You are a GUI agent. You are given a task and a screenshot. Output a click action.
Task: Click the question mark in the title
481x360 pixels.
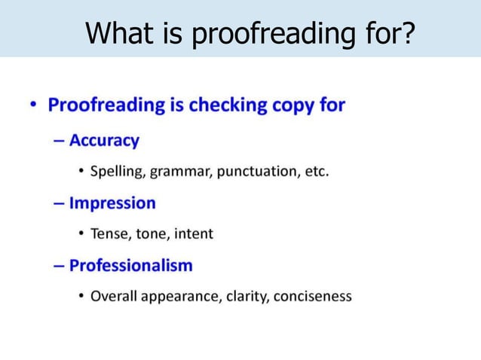(x=409, y=33)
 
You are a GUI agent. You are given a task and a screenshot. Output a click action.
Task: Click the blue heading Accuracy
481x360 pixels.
(x=104, y=141)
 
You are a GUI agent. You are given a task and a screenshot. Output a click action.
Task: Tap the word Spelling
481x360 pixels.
(x=117, y=172)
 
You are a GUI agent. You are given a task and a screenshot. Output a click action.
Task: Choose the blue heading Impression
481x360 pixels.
(x=112, y=203)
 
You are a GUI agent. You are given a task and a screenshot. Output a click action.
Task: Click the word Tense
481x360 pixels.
(x=109, y=233)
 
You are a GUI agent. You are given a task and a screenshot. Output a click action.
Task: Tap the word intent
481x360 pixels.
(x=194, y=233)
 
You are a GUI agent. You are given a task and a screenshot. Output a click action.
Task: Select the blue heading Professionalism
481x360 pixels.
(x=130, y=266)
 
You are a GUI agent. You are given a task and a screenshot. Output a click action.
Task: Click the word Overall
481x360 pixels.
(x=113, y=296)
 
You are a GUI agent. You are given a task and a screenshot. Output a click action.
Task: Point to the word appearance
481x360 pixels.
(x=179, y=297)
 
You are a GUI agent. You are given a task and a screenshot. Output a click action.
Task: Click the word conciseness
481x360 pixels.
(x=313, y=296)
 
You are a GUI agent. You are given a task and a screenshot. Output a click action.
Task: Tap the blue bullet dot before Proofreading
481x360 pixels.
(x=35, y=106)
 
